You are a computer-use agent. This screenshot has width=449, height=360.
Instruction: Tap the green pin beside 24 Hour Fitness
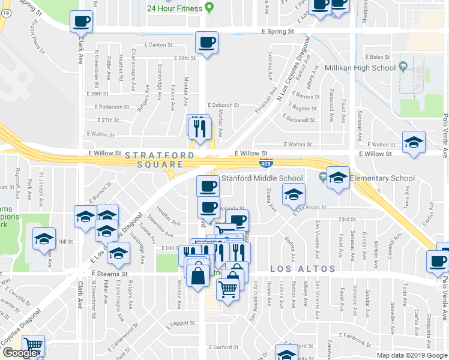[x=209, y=8]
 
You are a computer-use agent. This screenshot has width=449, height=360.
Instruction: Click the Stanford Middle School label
[x=262, y=178]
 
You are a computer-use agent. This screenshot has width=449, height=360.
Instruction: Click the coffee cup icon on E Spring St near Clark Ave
[x=82, y=22]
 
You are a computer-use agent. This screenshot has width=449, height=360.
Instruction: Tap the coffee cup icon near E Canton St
[x=207, y=43]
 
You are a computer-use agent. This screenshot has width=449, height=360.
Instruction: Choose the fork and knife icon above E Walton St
[x=199, y=127]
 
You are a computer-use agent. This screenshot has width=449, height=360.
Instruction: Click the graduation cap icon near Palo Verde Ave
[x=414, y=143]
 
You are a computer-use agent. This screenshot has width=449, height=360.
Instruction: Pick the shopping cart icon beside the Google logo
[x=33, y=346]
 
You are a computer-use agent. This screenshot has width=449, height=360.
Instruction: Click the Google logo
[x=19, y=353]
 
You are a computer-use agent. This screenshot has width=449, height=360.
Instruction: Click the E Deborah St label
[x=223, y=104]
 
